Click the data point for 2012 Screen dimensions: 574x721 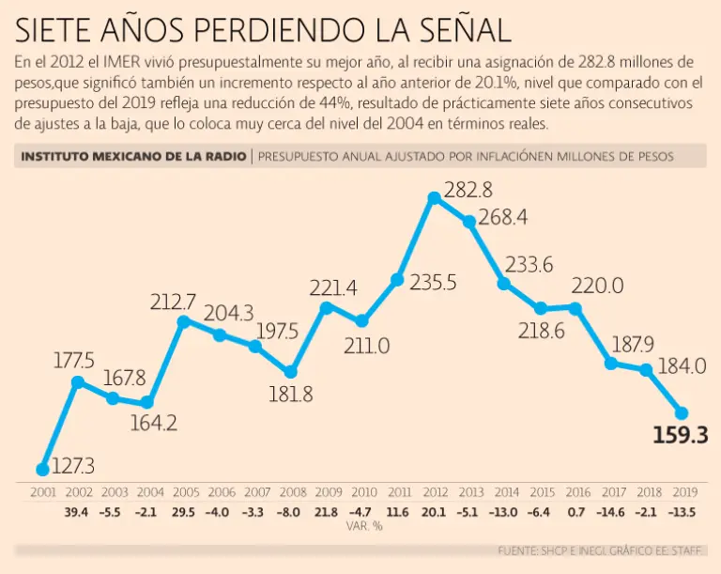click(x=434, y=198)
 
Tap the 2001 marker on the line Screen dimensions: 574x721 click(x=42, y=469)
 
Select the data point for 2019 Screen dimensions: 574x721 click(x=682, y=412)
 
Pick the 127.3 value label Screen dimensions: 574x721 click(x=72, y=465)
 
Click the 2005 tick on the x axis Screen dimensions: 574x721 click(x=185, y=492)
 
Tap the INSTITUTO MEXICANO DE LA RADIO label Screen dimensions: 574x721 click(x=133, y=156)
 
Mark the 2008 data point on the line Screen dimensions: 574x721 click(x=291, y=372)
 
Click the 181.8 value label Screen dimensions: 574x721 click(x=291, y=395)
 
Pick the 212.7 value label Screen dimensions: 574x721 click(x=174, y=303)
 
